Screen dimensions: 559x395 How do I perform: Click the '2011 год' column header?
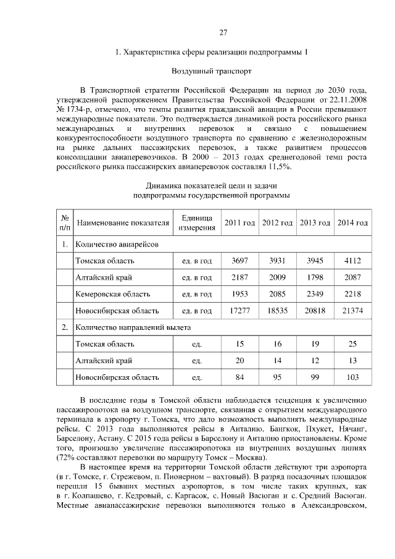point(239,223)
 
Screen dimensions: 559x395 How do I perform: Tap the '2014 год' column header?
point(352,223)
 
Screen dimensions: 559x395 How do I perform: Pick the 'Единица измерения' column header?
point(197,223)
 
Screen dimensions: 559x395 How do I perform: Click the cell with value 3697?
point(239,261)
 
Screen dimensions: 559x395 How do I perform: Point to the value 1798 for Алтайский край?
point(314,277)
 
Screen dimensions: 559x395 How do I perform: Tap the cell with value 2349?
point(314,294)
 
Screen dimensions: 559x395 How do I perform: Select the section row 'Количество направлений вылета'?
point(133,327)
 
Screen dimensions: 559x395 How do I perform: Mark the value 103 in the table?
point(352,376)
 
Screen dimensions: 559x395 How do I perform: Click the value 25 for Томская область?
point(352,343)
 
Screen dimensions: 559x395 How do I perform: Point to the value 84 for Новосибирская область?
point(239,376)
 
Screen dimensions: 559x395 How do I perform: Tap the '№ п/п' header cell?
point(64,223)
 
